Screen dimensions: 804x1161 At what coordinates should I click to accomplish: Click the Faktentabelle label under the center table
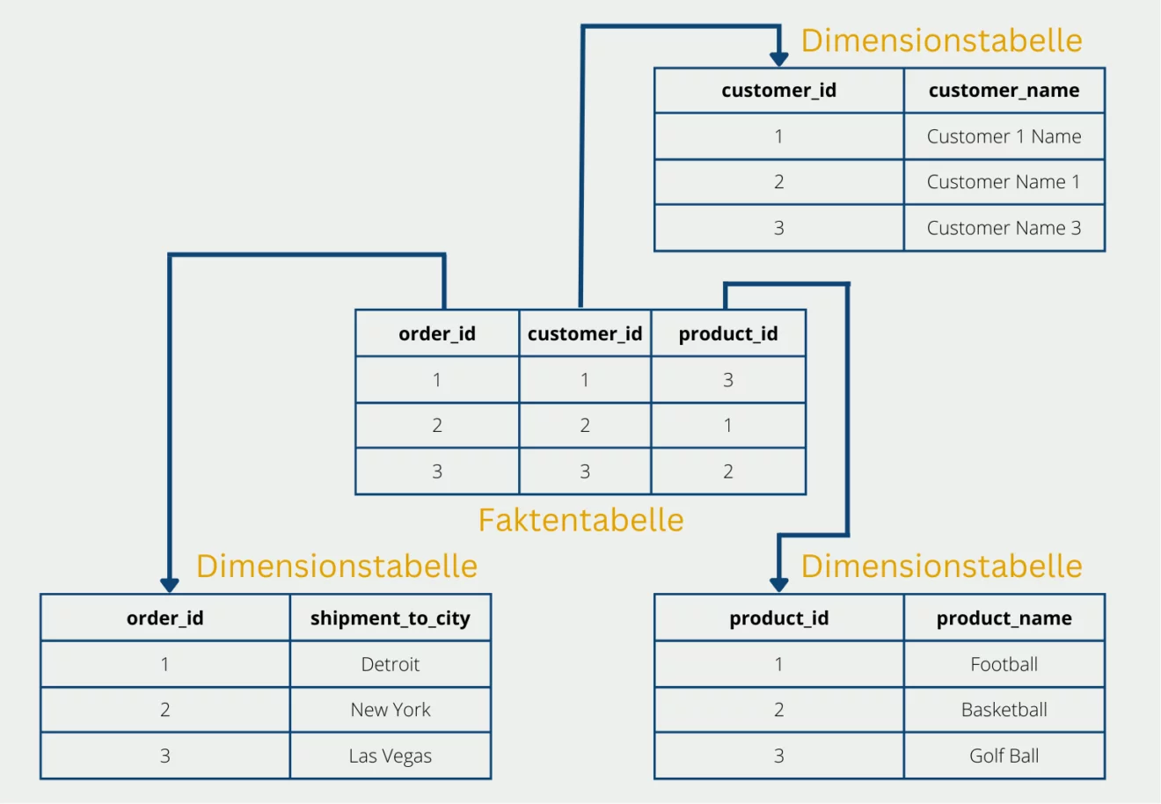(580, 520)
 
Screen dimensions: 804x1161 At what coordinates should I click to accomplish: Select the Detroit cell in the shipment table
(390, 664)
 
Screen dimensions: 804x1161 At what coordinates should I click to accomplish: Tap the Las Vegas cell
(390, 756)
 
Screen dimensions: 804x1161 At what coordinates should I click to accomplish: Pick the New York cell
(390, 710)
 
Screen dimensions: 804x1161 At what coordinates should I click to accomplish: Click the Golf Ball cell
(1004, 756)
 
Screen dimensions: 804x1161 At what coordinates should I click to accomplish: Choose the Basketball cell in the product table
(1004, 710)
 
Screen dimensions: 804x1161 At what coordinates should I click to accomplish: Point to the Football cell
(1004, 664)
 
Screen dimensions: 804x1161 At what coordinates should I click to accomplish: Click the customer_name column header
(1004, 91)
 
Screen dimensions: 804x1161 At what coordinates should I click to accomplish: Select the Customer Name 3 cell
(1004, 228)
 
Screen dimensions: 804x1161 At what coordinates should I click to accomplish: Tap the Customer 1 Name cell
(1004, 136)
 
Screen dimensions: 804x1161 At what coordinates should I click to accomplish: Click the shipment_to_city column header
(390, 618)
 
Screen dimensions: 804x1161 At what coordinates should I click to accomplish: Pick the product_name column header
(1004, 618)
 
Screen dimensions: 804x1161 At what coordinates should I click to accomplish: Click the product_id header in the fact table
(728, 334)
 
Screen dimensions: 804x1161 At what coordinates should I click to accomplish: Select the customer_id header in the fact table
(585, 334)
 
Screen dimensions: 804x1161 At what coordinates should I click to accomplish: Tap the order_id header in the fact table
(437, 334)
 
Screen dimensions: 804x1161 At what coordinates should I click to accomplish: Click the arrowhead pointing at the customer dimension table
(778, 59)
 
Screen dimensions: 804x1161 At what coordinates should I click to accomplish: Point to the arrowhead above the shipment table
(170, 585)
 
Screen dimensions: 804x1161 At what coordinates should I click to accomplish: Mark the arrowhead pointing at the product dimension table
(778, 584)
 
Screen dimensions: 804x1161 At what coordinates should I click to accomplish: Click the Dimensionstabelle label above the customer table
(941, 40)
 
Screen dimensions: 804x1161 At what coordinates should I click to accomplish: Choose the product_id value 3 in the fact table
(728, 380)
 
